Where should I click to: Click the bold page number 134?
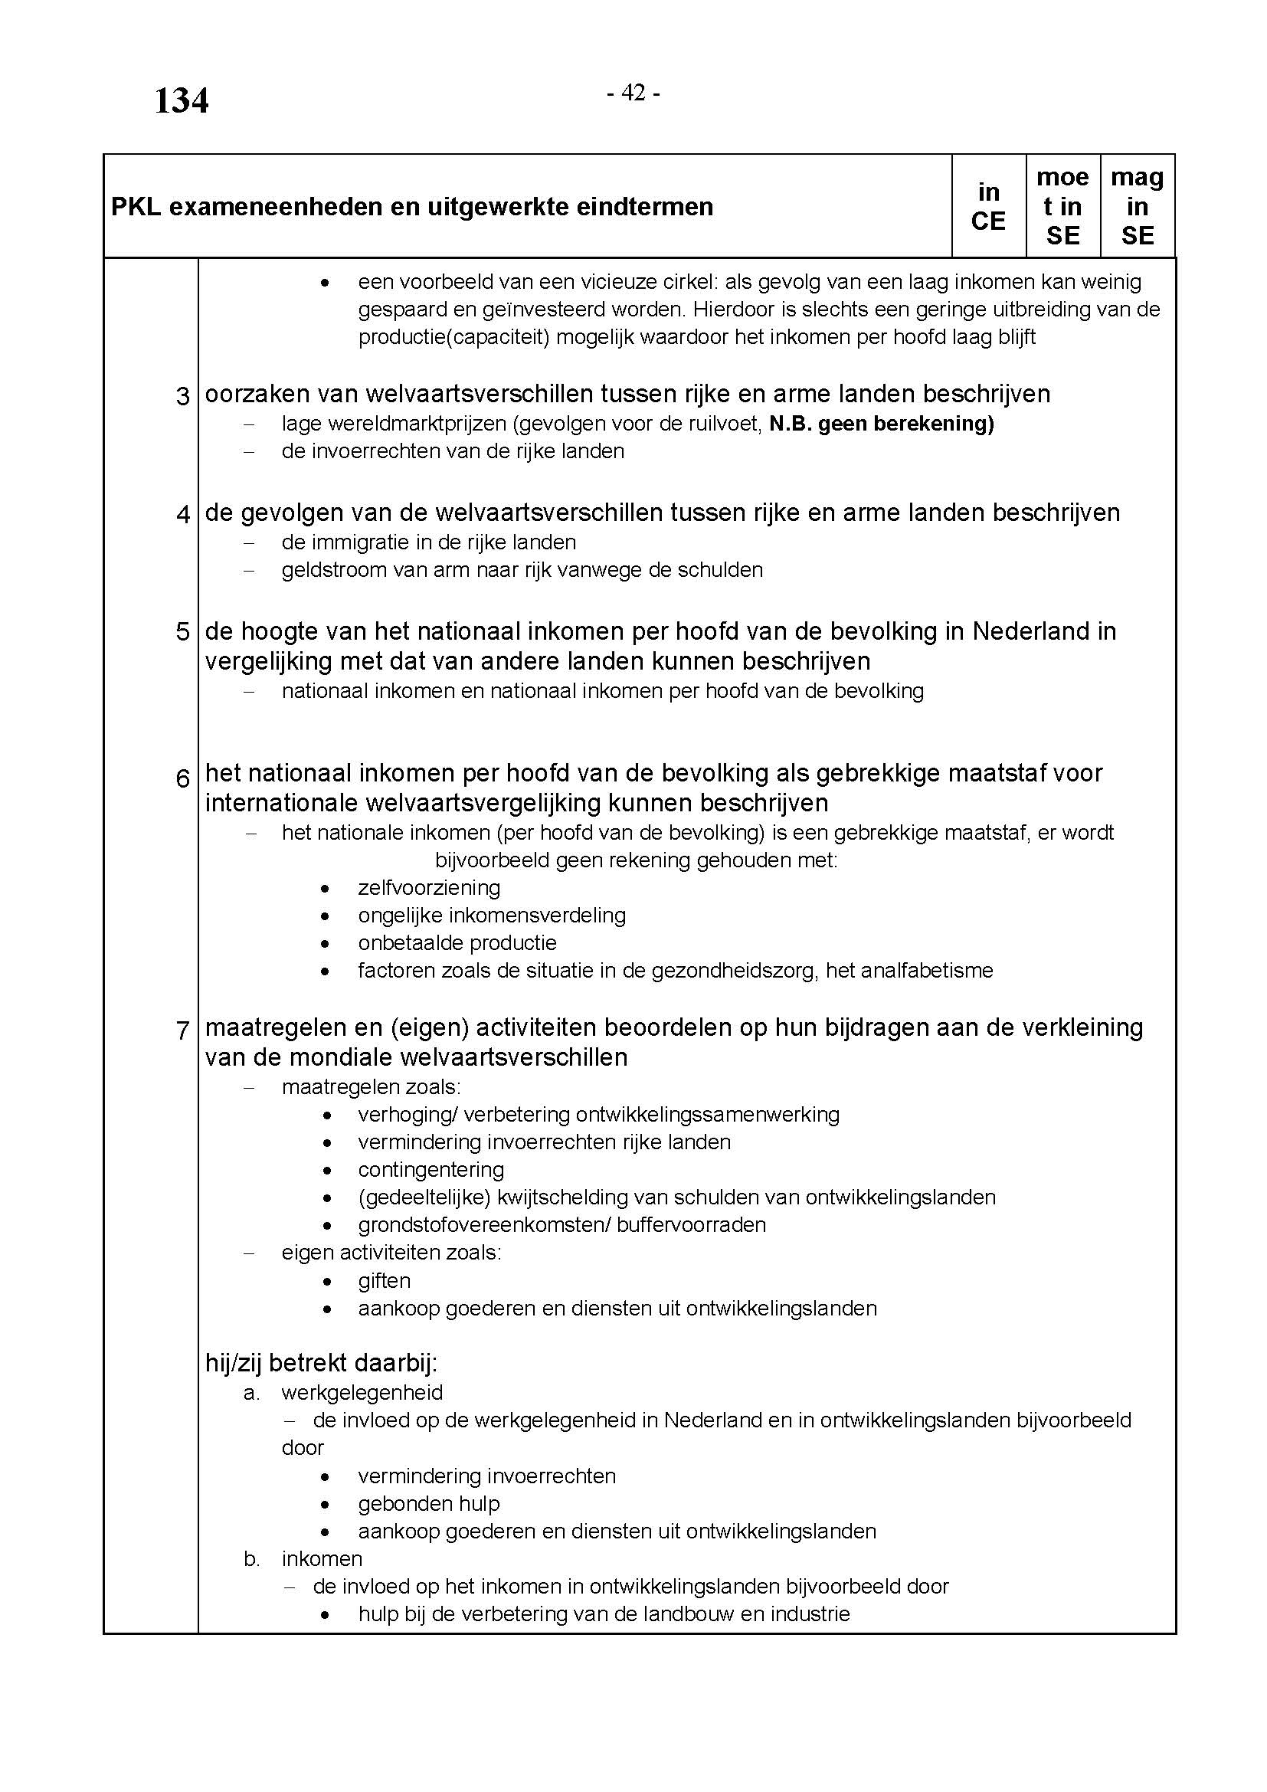(181, 100)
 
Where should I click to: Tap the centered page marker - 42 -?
(633, 93)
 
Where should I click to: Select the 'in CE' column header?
(987, 207)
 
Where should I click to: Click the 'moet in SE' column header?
(1062, 207)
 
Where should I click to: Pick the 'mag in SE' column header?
(1137, 207)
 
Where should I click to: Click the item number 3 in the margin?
(182, 397)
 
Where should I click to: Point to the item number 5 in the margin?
(182, 631)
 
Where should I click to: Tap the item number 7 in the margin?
(182, 1030)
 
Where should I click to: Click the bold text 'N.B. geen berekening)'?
(881, 424)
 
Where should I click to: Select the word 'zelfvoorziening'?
(429, 887)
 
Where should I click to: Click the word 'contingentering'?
(431, 1169)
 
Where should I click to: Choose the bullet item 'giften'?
(384, 1280)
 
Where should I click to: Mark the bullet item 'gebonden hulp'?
(428, 1503)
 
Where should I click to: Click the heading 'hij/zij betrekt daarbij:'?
(321, 1363)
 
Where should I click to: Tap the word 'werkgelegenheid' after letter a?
(362, 1392)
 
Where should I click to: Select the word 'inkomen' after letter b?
(322, 1558)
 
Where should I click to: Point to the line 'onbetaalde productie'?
(457, 943)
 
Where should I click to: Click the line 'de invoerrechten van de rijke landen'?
(453, 451)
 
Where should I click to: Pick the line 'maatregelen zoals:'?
(371, 1086)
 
